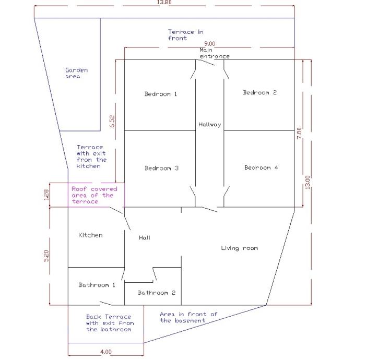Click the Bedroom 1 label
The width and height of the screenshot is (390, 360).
click(161, 94)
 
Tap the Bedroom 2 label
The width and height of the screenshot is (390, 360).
click(259, 92)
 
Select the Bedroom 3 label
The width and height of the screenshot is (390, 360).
click(162, 168)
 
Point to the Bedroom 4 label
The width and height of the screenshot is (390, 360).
click(261, 167)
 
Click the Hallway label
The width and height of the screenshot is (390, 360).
click(210, 125)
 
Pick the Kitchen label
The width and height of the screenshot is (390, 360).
click(90, 235)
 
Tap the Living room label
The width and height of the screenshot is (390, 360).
click(240, 248)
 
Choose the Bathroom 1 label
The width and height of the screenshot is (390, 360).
click(97, 285)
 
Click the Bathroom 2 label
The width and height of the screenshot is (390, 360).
click(157, 293)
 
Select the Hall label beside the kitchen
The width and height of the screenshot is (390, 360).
click(145, 238)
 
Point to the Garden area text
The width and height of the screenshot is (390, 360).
click(76, 73)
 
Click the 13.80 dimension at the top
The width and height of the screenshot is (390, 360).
click(164, 2)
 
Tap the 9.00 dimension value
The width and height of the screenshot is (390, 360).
click(210, 44)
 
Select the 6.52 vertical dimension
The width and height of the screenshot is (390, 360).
click(112, 122)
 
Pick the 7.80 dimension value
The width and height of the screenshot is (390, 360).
click(299, 133)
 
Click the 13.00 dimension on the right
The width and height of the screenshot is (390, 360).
click(308, 182)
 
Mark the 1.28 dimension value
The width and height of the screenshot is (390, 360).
click(46, 195)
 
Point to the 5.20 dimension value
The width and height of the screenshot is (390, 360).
click(46, 256)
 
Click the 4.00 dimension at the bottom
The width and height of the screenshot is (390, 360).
click(106, 352)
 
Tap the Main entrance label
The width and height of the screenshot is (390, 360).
click(215, 53)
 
